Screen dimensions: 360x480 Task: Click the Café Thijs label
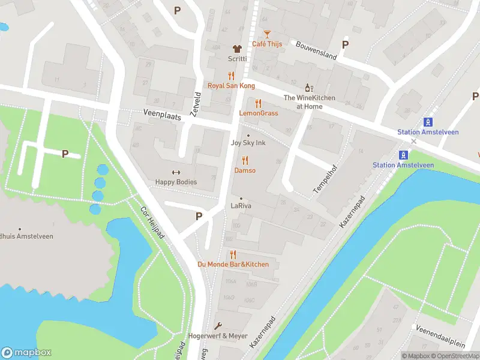tap(267, 44)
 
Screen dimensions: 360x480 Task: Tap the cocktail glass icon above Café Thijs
tap(267, 34)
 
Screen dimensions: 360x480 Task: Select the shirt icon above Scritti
tap(237, 49)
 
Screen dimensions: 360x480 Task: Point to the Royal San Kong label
tap(231, 86)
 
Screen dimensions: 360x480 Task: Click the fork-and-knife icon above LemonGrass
tap(259, 103)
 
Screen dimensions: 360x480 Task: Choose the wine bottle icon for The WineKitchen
tap(309, 88)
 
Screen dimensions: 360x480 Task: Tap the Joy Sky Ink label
tap(248, 143)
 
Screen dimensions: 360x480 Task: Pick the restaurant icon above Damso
tap(245, 160)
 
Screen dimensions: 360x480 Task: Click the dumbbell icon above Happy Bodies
tap(176, 173)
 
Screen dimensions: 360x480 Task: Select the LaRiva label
tap(241, 206)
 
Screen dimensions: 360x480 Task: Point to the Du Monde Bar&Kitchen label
tap(233, 264)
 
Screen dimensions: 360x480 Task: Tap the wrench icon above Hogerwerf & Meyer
tap(218, 326)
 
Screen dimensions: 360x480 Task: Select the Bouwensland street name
tap(316, 52)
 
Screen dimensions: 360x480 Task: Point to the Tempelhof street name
tap(322, 180)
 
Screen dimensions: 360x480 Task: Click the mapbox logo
tap(26, 352)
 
